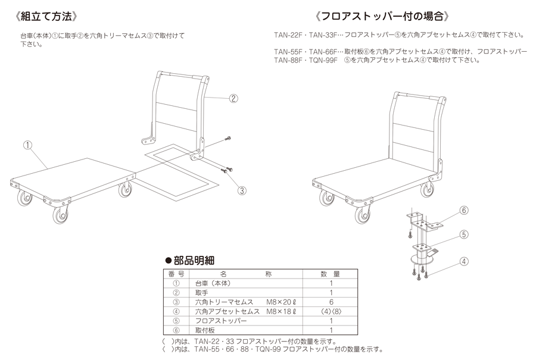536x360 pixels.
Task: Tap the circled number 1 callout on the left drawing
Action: click(27, 144)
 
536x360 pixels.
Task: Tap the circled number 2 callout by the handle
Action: click(233, 99)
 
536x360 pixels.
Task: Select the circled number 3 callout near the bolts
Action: click(242, 190)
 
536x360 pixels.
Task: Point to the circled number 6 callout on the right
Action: click(464, 210)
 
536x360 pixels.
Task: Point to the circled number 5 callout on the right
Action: click(464, 234)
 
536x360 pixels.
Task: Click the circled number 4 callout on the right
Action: click(464, 259)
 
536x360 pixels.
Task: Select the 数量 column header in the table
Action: click(331, 274)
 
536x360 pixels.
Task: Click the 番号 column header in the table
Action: click(176, 274)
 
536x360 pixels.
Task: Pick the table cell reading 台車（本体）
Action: click(212, 284)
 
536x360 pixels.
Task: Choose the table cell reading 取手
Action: click(202, 293)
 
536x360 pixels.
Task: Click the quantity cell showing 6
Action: click(331, 302)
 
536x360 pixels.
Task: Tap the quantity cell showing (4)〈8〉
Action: click(331, 311)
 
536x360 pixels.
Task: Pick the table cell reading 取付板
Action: click(205, 330)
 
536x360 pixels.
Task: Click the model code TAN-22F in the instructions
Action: click(288, 34)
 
